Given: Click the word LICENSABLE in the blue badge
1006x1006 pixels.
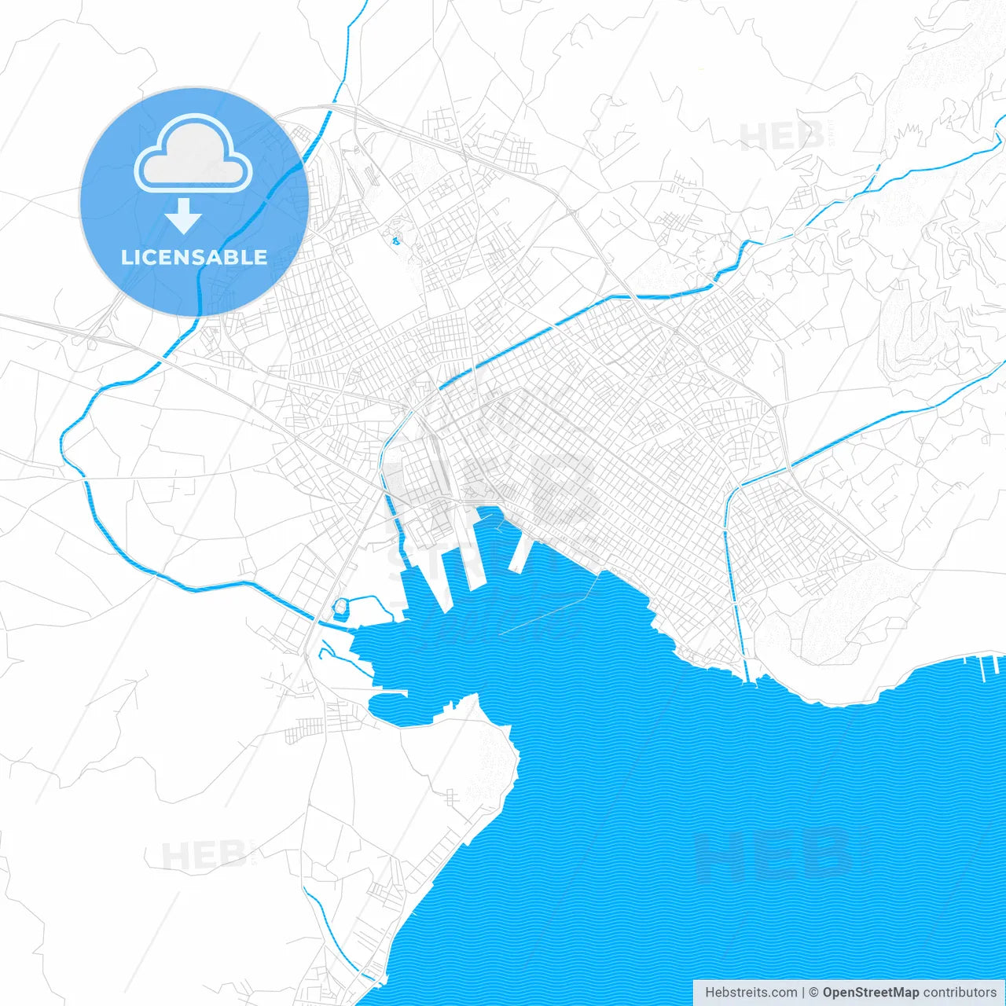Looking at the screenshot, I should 194,257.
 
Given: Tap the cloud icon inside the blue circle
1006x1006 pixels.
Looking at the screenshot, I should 193,154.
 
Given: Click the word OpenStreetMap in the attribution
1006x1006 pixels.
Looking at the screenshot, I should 870,993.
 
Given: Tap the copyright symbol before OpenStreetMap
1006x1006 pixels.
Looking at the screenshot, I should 813,993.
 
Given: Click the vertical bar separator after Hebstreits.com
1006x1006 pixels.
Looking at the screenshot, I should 802,993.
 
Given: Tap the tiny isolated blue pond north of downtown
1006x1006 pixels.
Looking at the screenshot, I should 395,240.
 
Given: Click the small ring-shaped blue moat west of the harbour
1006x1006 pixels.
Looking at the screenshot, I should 340,607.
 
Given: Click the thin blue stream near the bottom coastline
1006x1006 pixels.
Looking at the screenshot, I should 330,927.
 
